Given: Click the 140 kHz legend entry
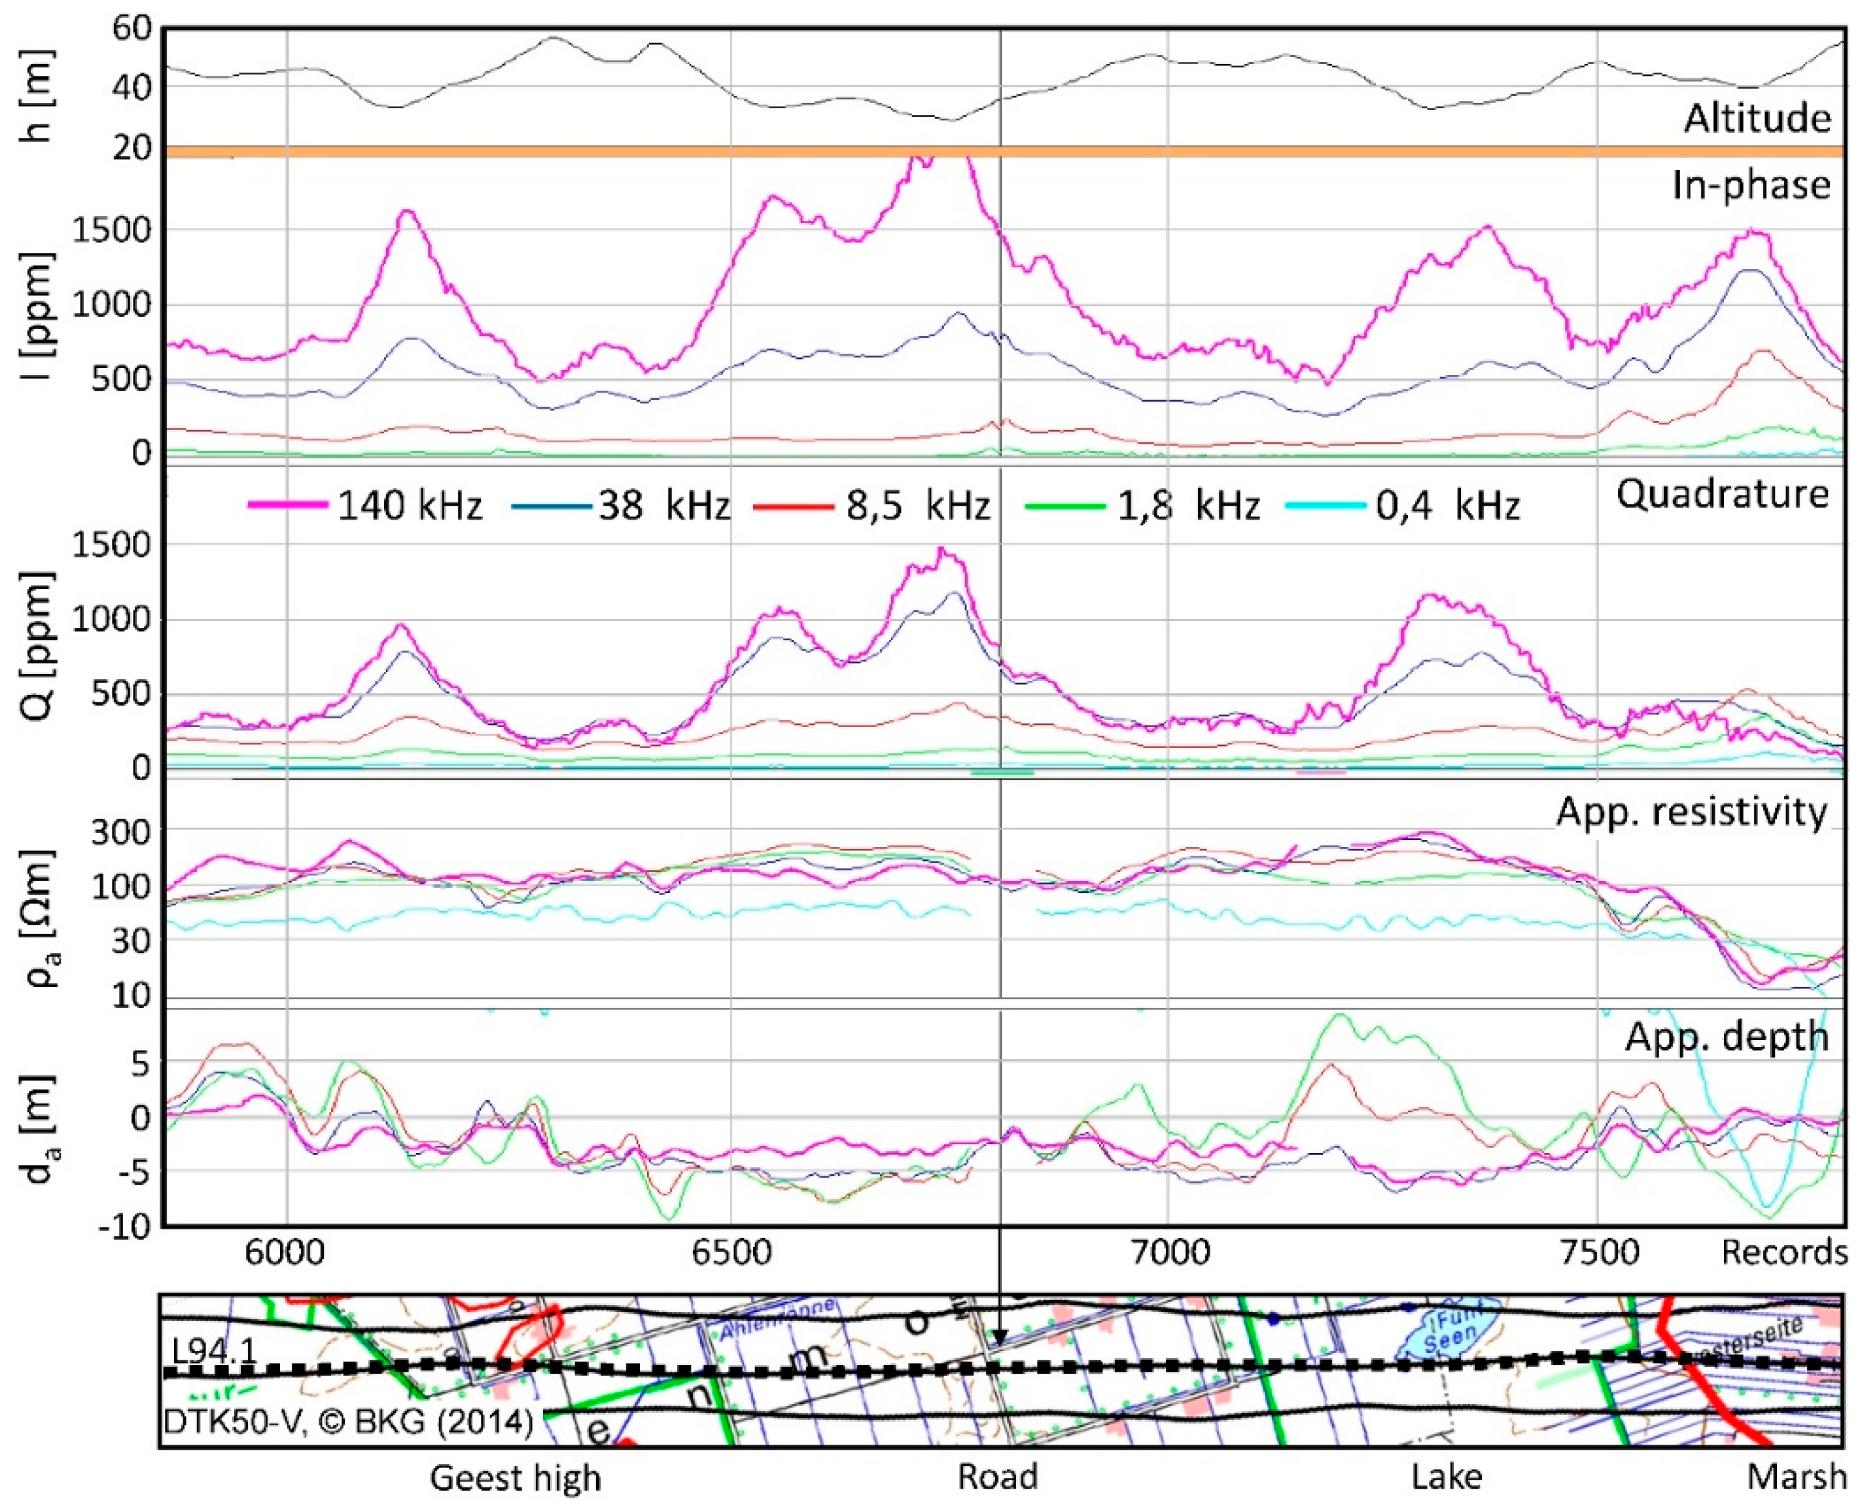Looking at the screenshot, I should (x=366, y=505).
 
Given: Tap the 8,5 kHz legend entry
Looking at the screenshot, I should (x=872, y=505).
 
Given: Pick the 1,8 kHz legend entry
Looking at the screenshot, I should (x=1142, y=505).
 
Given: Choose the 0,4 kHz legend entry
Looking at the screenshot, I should (x=1401, y=505).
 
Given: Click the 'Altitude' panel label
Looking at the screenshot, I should (x=1757, y=118).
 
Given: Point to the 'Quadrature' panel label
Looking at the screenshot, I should (x=1721, y=494).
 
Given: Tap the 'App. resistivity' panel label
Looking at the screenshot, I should (x=1691, y=812).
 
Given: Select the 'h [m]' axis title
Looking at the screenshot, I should (x=39, y=96).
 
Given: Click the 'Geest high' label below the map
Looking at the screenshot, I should (x=515, y=1478).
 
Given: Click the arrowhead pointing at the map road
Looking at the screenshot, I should (x=1000, y=1338).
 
